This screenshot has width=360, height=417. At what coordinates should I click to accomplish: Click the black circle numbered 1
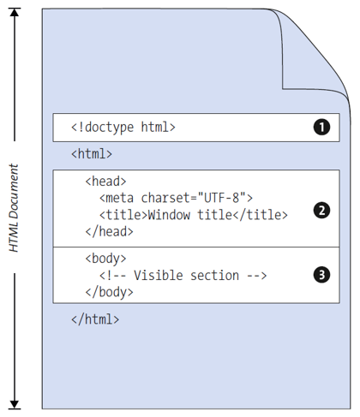(x=321, y=128)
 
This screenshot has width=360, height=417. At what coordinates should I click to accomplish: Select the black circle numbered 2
(x=321, y=211)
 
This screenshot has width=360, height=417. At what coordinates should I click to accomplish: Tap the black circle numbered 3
(x=321, y=275)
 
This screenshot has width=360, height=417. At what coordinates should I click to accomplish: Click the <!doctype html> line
(x=123, y=128)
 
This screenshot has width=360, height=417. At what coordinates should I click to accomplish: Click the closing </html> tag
(x=95, y=319)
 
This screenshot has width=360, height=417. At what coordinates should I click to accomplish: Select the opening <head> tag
(x=106, y=182)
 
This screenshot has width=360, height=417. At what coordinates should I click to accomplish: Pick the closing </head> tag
(x=109, y=231)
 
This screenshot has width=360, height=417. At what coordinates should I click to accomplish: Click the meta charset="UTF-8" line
(x=176, y=198)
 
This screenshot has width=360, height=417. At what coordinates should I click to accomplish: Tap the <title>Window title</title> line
(x=193, y=214)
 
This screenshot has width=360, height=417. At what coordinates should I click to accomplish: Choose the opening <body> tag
(x=106, y=258)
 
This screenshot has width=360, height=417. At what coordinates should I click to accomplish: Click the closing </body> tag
(x=109, y=291)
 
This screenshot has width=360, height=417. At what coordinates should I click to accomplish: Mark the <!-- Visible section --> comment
(x=183, y=275)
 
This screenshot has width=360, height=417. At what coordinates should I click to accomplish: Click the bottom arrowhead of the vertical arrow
(x=15, y=402)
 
